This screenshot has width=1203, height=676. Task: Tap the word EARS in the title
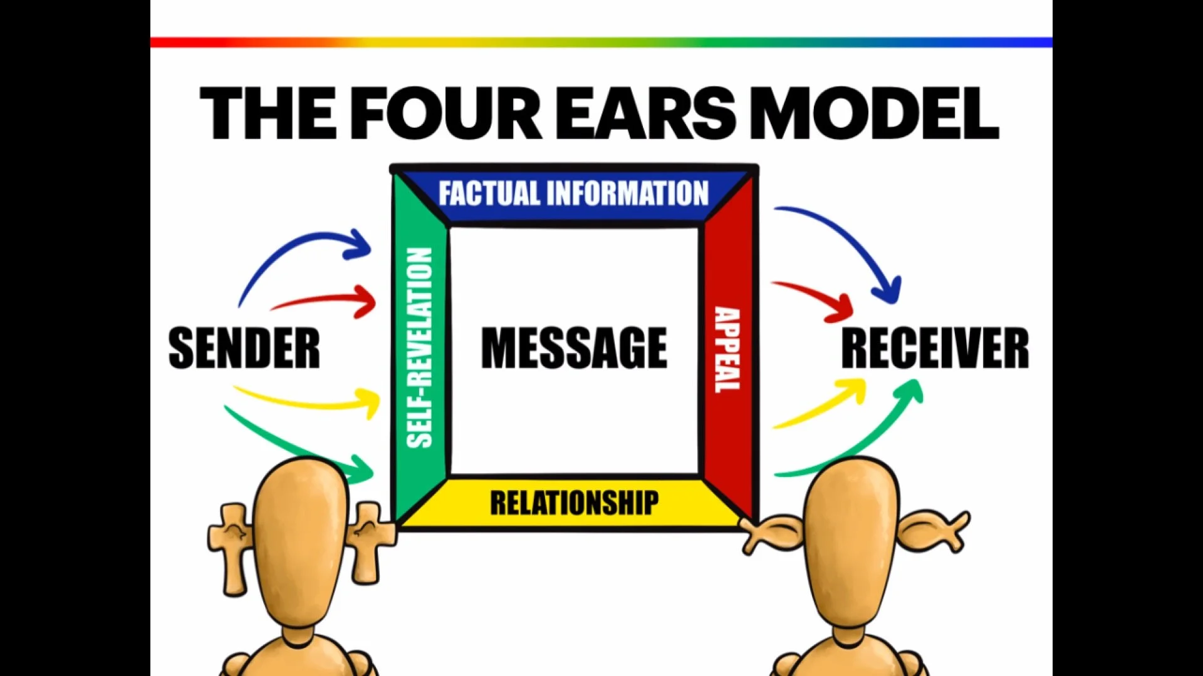tap(645, 113)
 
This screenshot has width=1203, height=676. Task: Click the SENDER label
tap(244, 348)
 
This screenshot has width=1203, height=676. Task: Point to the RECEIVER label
tap(935, 348)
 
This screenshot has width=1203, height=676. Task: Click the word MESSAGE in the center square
tap(574, 348)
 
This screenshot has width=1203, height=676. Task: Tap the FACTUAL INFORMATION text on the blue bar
tap(573, 193)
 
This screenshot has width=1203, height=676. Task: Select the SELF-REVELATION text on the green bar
tap(419, 347)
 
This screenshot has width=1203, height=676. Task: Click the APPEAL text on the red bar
tap(728, 349)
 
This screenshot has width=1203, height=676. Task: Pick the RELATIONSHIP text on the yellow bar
tap(574, 503)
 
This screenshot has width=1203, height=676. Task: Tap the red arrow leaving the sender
tap(326, 300)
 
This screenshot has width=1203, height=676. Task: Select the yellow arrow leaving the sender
tap(313, 401)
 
